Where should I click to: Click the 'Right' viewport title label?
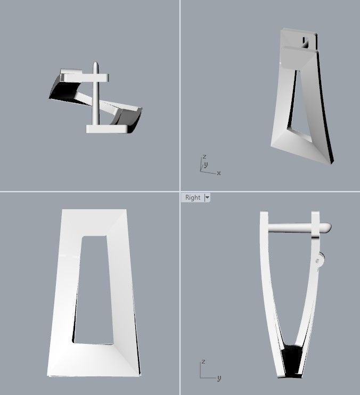193,197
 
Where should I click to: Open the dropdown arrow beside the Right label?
207,197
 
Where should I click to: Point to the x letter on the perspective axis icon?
219,174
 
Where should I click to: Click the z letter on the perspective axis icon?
204,157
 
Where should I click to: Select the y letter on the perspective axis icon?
206,164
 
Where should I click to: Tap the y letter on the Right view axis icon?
219,378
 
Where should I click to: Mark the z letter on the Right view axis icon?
203,362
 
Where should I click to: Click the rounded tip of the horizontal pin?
328,227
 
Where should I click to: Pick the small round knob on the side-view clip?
321,259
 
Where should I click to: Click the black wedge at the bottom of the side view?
292,360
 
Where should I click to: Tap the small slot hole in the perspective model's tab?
305,42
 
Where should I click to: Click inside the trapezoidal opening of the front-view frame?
94,290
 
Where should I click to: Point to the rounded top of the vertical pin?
95,64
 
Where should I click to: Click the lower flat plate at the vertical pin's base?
107,129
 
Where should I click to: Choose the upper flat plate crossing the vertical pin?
85,77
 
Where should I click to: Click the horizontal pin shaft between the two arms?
290,228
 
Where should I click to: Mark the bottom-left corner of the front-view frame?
47,375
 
